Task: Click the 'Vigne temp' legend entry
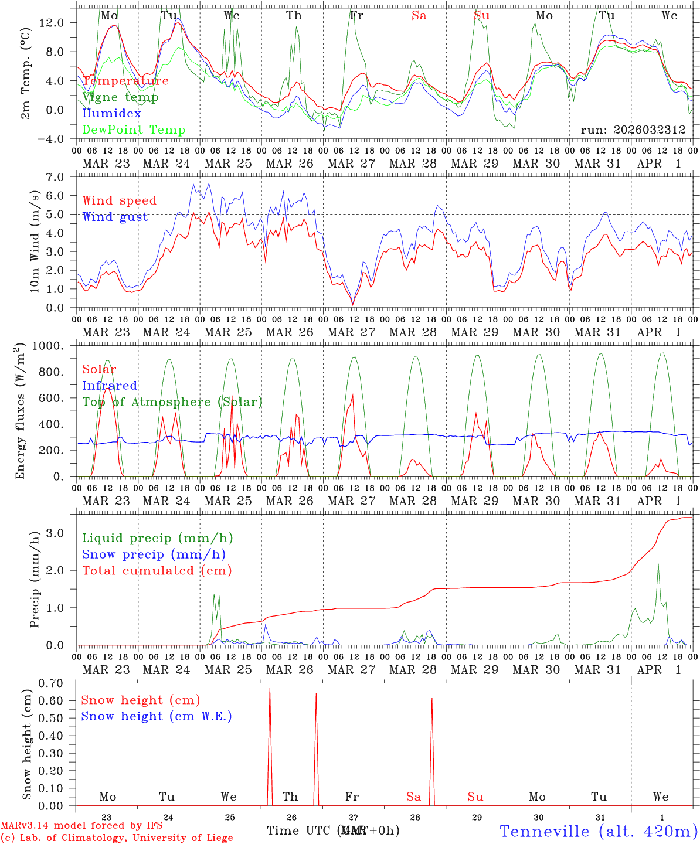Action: click(x=120, y=97)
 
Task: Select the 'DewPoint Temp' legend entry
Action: click(x=134, y=130)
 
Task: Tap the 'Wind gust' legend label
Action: click(x=115, y=217)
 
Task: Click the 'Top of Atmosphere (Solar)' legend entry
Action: click(x=172, y=402)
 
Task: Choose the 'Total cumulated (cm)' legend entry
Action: click(x=157, y=571)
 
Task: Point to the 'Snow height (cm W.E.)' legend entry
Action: click(x=157, y=716)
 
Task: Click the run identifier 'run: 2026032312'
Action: click(x=633, y=130)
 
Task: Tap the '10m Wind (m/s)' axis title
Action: click(x=35, y=241)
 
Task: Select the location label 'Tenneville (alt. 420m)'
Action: click(x=599, y=831)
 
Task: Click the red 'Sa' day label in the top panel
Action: click(x=419, y=16)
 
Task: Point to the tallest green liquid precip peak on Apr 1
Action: click(x=658, y=564)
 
